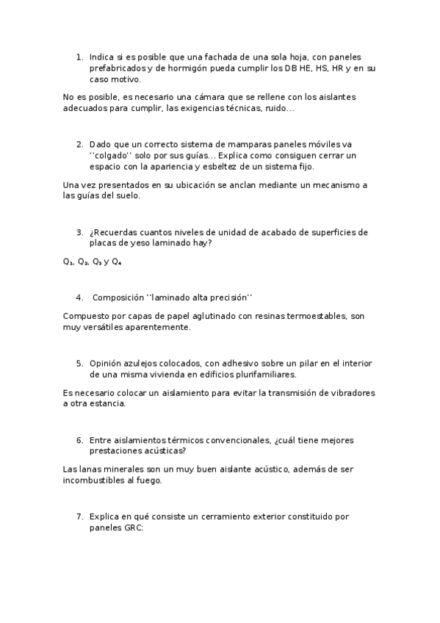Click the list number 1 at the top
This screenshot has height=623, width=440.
79,57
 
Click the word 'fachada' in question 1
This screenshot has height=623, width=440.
216,57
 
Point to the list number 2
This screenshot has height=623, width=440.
79,144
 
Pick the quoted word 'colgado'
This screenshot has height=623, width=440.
109,156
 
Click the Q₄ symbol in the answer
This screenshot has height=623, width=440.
117,261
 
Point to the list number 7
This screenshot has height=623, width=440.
79,516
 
